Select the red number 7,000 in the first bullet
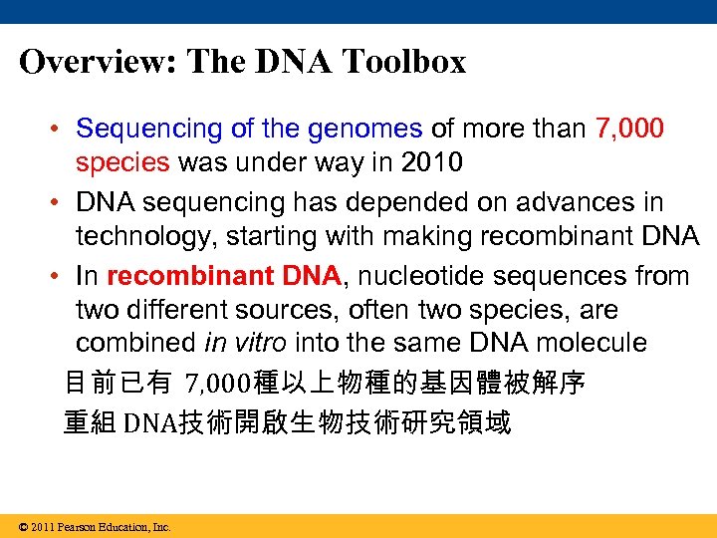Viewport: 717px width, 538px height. pyautogui.click(x=629, y=129)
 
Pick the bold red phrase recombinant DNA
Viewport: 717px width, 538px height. pyautogui.click(x=224, y=275)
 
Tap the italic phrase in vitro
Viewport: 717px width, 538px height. pyautogui.click(x=245, y=343)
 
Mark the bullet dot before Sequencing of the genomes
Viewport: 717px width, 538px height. pyautogui.click(x=60, y=130)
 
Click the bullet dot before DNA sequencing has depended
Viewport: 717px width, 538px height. pyautogui.click(x=60, y=203)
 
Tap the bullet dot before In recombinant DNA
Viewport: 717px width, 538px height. pyautogui.click(x=60, y=276)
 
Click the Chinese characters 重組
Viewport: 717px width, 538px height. pyautogui.click(x=90, y=422)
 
